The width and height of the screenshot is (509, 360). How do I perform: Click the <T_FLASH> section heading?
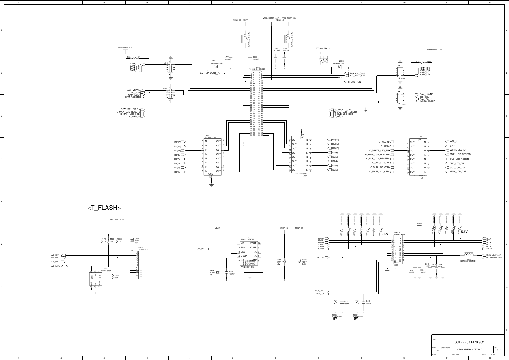104,208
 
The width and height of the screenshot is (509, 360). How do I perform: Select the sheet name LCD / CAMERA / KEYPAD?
467,350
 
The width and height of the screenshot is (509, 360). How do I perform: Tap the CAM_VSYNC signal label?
133,90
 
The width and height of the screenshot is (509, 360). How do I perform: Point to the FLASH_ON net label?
355,82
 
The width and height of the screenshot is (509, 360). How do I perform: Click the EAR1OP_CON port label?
207,73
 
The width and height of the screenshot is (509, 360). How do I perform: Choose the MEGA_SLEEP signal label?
428,101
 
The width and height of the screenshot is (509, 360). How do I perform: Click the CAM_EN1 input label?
201,249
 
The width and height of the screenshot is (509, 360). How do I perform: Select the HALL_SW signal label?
320,257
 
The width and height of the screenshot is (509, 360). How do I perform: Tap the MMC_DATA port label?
55,266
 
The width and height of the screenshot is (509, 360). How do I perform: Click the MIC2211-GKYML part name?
248,239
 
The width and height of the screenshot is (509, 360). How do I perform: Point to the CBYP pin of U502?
244,256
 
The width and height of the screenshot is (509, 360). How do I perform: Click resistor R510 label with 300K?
116,276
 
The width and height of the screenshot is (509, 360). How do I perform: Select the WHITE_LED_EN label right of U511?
458,150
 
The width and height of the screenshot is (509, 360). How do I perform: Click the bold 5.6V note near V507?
385,234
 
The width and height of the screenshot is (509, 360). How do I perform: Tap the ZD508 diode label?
319,49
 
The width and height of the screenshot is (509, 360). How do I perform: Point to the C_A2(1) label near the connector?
339,116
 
